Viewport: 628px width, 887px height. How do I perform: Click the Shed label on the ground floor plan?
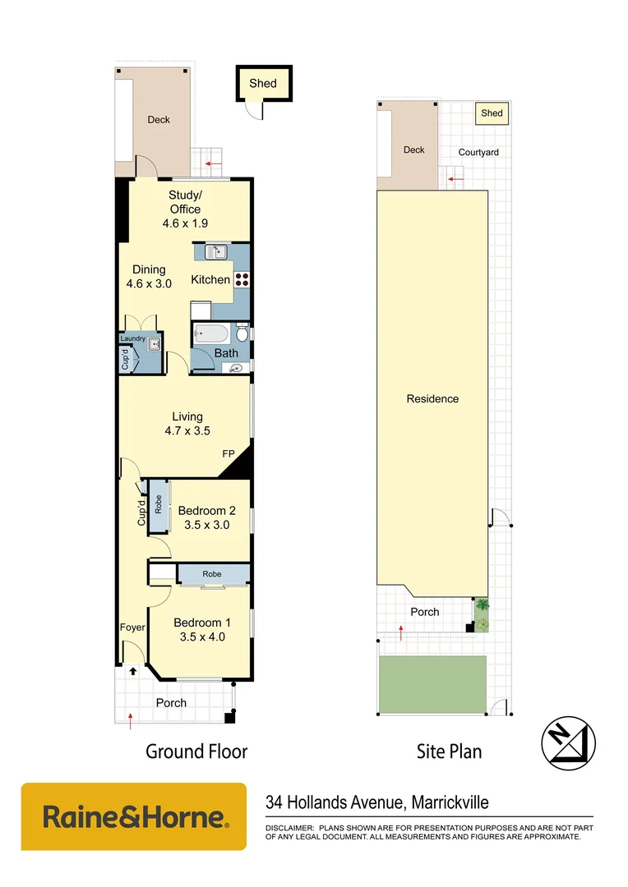tap(263, 84)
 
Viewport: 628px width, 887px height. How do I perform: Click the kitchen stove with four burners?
tap(242, 279)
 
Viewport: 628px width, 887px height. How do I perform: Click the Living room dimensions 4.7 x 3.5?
tap(187, 430)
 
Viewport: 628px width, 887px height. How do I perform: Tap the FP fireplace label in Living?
tap(228, 453)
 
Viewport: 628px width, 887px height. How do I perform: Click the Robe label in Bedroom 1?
tap(213, 574)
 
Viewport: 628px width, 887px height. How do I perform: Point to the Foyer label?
tap(132, 627)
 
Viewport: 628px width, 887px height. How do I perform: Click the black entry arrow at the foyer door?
tap(132, 671)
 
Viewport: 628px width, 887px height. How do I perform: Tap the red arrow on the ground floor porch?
tap(131, 721)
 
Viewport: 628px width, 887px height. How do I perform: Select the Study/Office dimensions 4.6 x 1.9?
tap(184, 223)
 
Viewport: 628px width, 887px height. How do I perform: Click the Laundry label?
tap(132, 339)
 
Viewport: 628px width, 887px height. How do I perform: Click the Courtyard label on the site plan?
tap(478, 153)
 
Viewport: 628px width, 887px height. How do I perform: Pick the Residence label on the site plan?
tap(432, 399)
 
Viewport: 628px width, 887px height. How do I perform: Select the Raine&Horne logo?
tap(133, 816)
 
